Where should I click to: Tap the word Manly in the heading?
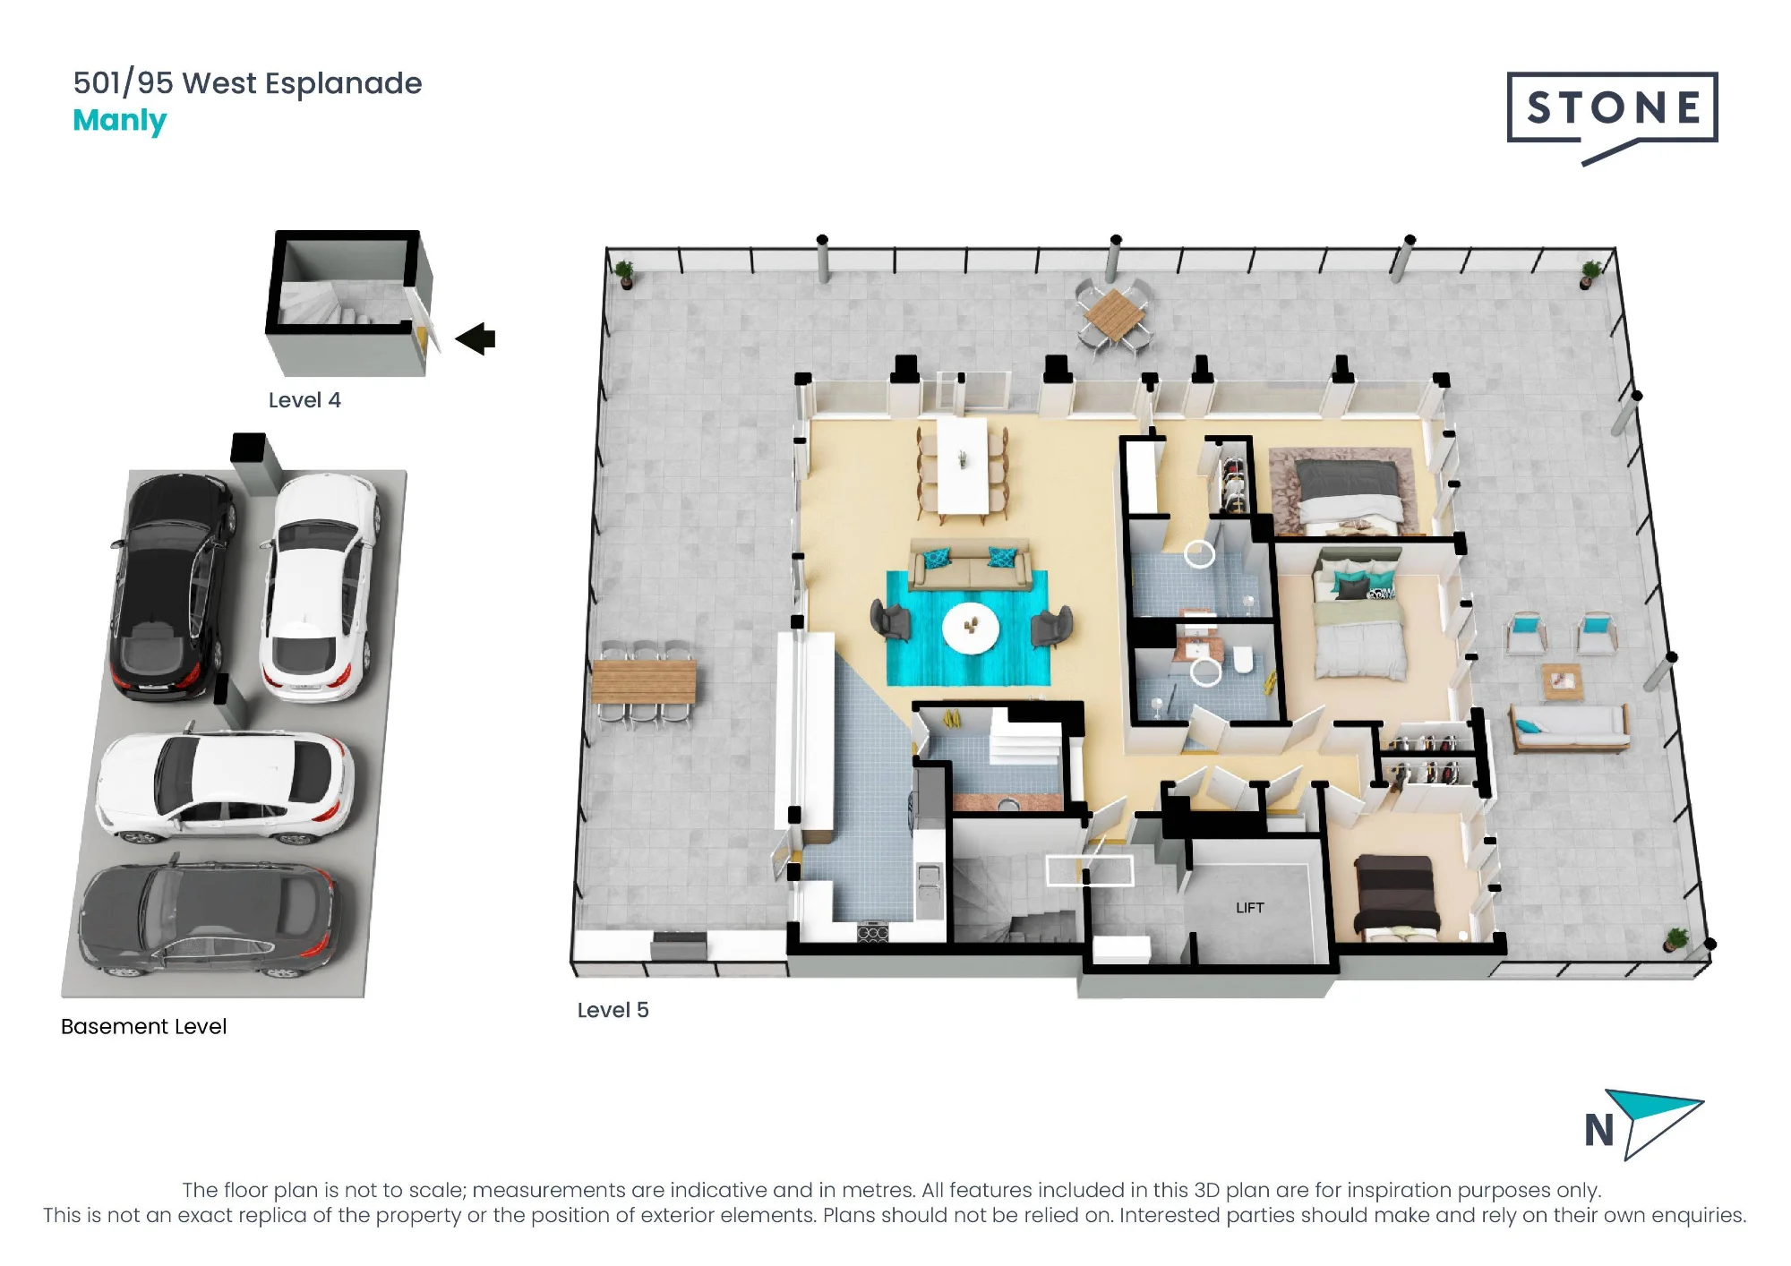pyautogui.click(x=119, y=121)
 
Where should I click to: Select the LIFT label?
pyautogui.click(x=1249, y=908)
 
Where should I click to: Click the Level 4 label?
pyautogui.click(x=304, y=400)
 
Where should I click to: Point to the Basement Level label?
pyautogui.click(x=143, y=1026)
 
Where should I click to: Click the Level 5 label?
pyautogui.click(x=613, y=1010)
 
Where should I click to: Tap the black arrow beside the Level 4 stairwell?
pyautogui.click(x=476, y=338)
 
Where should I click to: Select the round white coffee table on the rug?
pyautogui.click(x=970, y=627)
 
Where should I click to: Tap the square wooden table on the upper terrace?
pyautogui.click(x=1113, y=314)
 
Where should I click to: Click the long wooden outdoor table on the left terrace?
pyautogui.click(x=644, y=681)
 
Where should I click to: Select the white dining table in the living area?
pyautogui.click(x=963, y=466)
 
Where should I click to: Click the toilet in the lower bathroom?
pyautogui.click(x=1243, y=660)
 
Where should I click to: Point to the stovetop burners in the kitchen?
pyautogui.click(x=873, y=934)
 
